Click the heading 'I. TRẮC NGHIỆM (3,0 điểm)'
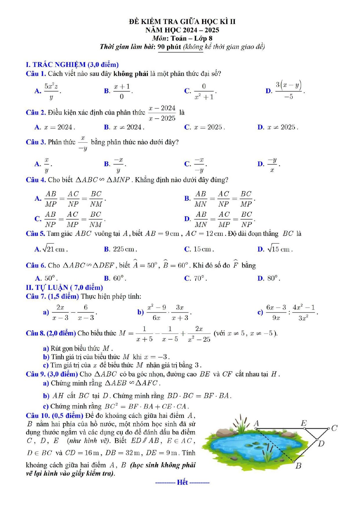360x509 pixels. click(x=72, y=64)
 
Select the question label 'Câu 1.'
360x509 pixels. click(x=36, y=74)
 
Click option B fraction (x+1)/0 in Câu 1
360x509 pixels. click(x=122, y=91)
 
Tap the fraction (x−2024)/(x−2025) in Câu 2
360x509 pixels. click(x=162, y=113)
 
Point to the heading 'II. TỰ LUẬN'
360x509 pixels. click(x=64, y=287)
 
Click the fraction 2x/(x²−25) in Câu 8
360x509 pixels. click(x=199, y=334)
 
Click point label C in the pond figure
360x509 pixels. click(x=334, y=428)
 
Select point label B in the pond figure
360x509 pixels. click(x=298, y=466)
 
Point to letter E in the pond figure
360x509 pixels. click(x=303, y=423)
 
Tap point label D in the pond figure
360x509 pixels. click(x=321, y=444)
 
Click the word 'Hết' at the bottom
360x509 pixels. click(x=182, y=482)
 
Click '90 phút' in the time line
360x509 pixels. click(x=169, y=47)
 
